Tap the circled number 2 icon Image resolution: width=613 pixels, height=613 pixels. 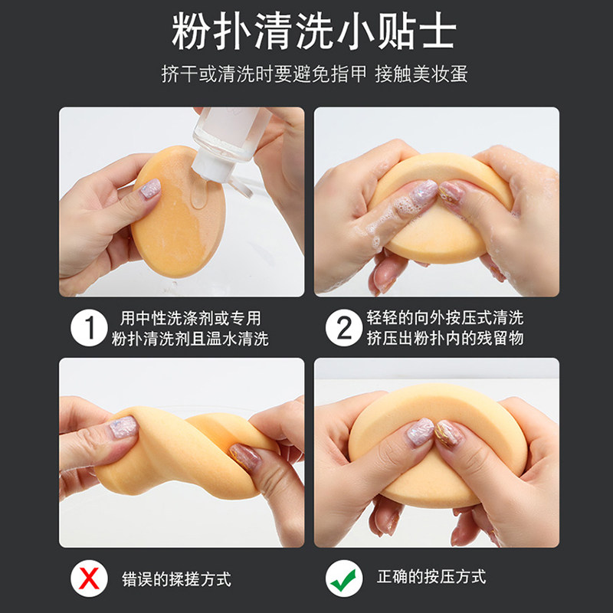click(343, 329)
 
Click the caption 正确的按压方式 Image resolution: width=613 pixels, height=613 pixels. click(431, 577)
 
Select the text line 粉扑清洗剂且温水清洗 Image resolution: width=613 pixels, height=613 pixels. click(191, 339)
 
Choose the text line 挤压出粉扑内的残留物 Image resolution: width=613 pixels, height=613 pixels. click(445, 339)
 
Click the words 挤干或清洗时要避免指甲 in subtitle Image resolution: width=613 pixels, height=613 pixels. click(264, 74)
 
